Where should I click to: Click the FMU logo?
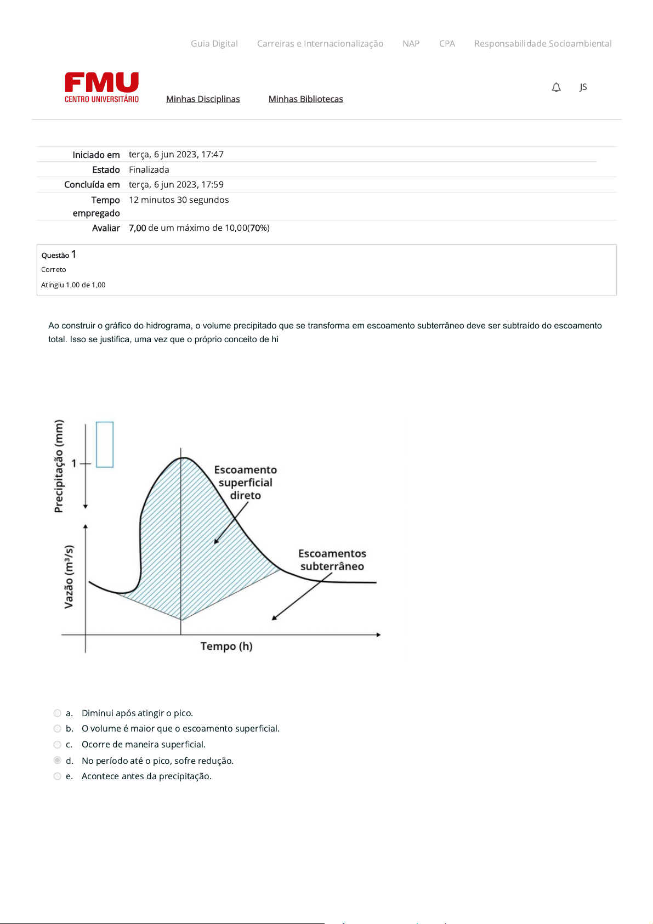click(101, 87)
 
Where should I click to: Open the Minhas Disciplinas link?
click(203, 99)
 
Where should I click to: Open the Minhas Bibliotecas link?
click(305, 99)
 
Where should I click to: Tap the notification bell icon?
click(556, 87)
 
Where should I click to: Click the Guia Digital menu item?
click(214, 44)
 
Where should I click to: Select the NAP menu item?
click(411, 44)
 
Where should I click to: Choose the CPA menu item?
click(447, 44)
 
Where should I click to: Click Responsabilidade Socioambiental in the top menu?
click(542, 44)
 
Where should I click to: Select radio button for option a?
click(58, 713)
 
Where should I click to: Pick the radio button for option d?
click(58, 760)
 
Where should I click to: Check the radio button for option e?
click(58, 776)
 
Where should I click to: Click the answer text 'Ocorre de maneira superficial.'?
click(144, 745)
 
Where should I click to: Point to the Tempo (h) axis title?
click(226, 647)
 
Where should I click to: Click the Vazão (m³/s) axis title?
click(69, 576)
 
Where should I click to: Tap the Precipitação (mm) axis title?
click(59, 466)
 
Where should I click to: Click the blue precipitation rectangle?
click(105, 445)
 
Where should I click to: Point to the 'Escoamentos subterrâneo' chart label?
click(332, 560)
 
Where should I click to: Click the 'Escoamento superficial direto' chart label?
click(245, 483)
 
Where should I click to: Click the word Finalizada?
click(149, 170)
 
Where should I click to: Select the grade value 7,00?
click(138, 228)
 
